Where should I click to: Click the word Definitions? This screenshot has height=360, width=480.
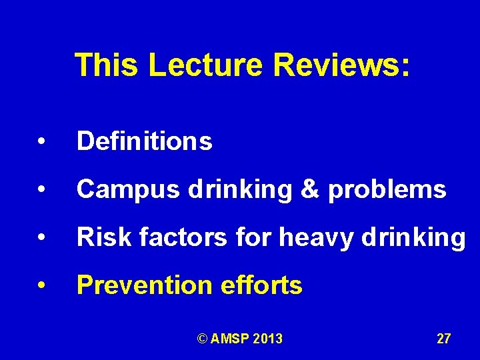[145, 141]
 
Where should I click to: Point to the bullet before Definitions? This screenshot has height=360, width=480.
[41, 142]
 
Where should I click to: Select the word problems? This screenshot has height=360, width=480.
[387, 190]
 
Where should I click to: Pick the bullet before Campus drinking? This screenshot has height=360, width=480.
[41, 191]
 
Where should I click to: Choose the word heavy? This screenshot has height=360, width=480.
[308, 237]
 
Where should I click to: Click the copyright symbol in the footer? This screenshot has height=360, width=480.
[202, 339]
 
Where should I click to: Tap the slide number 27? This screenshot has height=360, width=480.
[443, 339]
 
